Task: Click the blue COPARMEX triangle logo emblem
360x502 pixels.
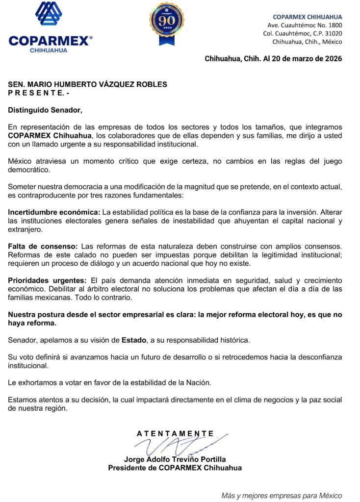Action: tap(49, 14)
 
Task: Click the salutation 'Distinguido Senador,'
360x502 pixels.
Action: tap(42, 109)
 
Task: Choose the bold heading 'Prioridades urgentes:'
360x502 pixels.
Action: tap(47, 280)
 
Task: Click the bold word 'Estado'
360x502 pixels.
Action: tap(133, 339)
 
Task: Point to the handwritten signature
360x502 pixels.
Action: tap(177, 445)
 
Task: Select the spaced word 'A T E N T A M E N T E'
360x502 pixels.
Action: tap(175, 433)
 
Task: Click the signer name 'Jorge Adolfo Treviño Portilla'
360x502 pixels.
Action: tap(175, 459)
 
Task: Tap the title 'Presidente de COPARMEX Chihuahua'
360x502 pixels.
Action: tap(175, 468)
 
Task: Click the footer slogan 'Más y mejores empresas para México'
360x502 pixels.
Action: tap(281, 495)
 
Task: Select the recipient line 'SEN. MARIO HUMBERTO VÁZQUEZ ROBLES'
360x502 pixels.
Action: tap(88, 84)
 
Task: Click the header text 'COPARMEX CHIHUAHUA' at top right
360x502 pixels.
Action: tap(307, 17)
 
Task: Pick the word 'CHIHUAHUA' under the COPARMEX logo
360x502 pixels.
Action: tap(49, 50)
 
